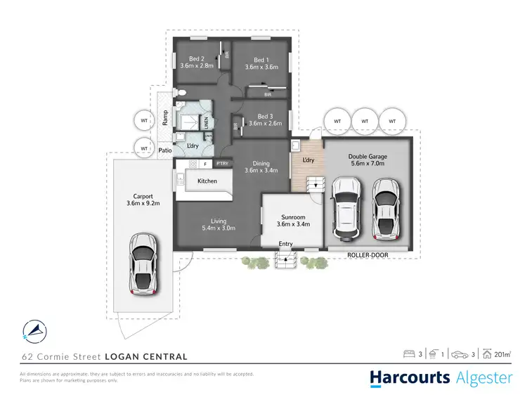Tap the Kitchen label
207,181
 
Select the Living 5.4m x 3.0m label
218,224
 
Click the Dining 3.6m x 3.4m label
261,167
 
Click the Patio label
165,150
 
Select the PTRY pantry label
223,164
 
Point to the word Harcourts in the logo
410,378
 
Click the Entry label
285,244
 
